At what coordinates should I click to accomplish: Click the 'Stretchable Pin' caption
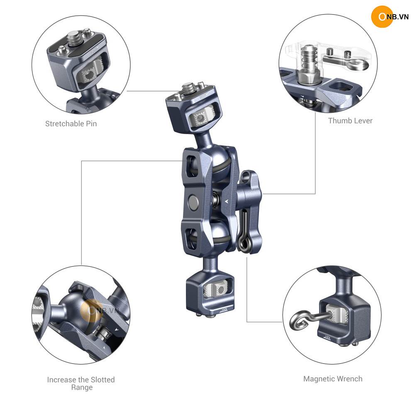(71, 124)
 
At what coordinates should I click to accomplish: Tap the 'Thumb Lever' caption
(350, 121)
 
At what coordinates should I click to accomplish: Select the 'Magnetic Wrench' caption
(333, 379)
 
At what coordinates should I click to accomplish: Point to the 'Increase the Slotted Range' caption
(81, 383)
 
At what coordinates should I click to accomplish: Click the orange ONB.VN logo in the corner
(389, 17)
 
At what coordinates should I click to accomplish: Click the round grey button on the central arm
(193, 202)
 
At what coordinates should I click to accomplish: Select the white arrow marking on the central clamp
(227, 201)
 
